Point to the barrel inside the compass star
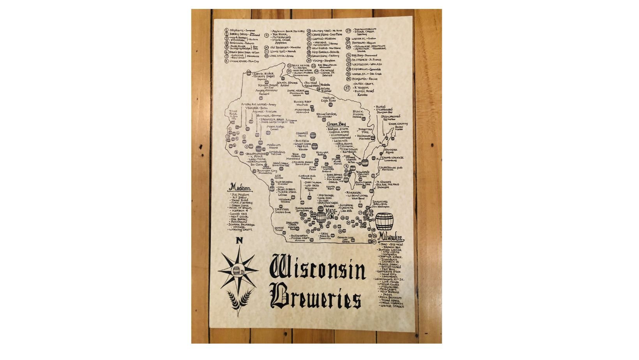click(x=237, y=270)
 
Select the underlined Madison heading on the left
click(x=240, y=187)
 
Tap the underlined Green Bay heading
click(x=336, y=124)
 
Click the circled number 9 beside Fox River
click(x=267, y=35)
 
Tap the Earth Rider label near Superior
click(x=263, y=73)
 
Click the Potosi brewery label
click(x=279, y=229)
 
